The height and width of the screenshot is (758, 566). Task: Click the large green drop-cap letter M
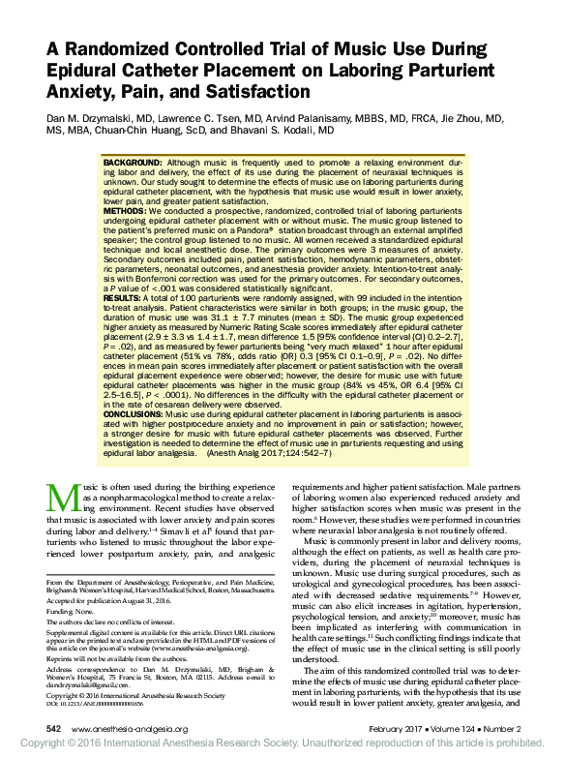63,496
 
